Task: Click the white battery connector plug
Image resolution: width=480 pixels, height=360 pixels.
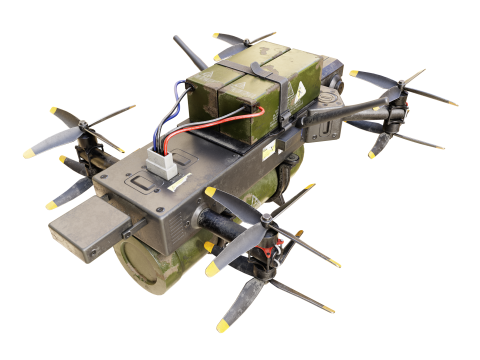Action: [161, 159]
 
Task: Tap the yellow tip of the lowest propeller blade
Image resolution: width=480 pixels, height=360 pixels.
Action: [222, 326]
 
